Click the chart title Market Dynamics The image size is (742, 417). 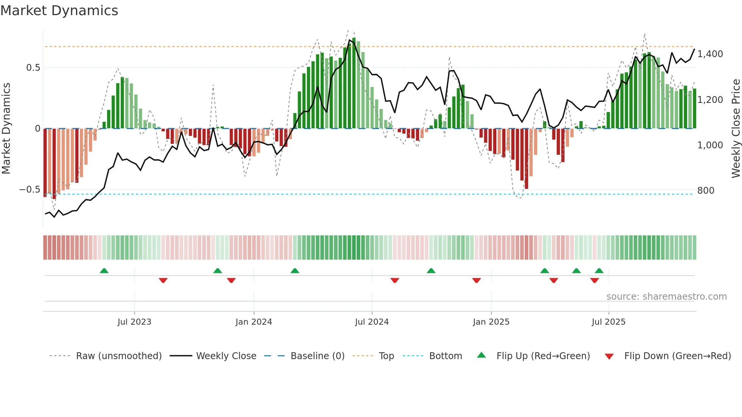tap(59, 11)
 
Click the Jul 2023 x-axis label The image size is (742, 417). tap(134, 322)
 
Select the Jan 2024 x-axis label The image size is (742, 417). tap(254, 322)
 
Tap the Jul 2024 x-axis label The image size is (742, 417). tap(372, 322)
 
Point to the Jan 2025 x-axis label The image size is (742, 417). tap(491, 322)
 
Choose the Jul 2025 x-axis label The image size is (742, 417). tap(608, 322)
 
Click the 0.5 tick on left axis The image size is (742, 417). tap(33, 68)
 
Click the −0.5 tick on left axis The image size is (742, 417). tap(30, 190)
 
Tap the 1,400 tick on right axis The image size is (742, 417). tap(710, 54)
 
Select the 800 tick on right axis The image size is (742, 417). tap(706, 191)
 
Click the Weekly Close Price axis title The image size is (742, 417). tap(736, 129)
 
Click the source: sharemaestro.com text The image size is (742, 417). tap(666, 297)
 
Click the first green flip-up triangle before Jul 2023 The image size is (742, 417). tap(104, 271)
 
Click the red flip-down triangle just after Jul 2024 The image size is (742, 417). tap(394, 280)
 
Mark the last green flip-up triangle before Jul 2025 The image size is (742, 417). tap(599, 271)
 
